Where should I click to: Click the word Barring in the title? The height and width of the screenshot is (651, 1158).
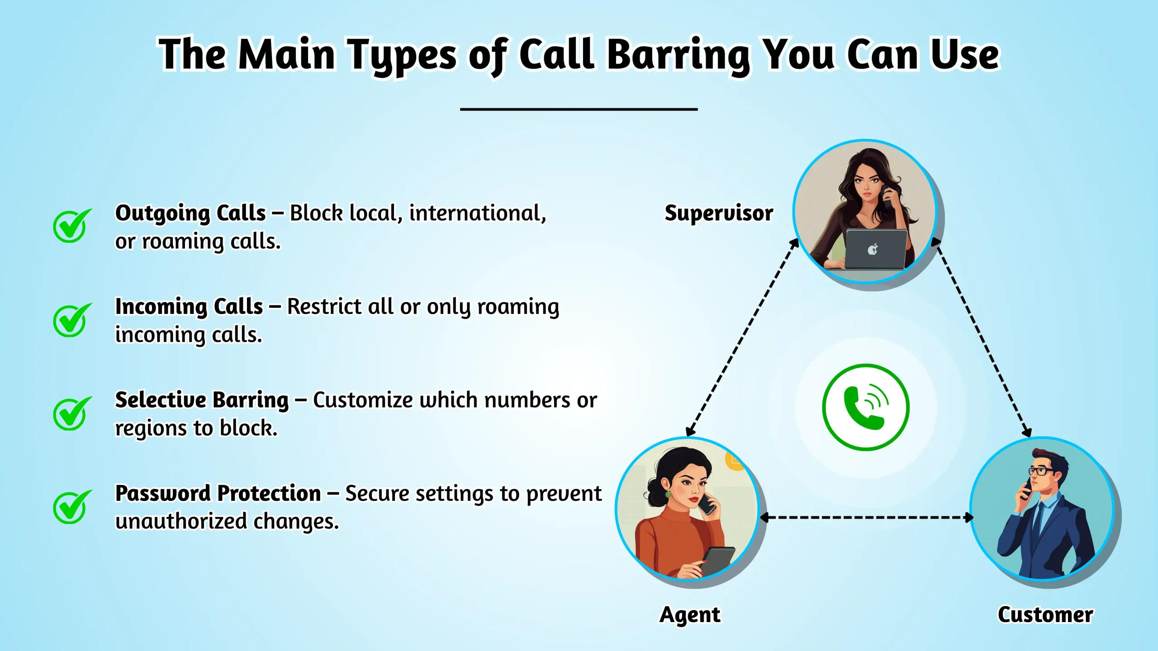tap(678, 55)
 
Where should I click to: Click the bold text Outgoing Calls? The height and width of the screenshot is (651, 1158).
tap(190, 213)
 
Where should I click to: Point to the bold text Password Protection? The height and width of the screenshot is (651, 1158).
tap(218, 493)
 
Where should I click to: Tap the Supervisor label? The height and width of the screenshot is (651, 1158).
tap(719, 213)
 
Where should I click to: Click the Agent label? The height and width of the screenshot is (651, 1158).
tap(690, 615)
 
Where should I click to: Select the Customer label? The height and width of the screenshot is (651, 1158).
tap(1045, 615)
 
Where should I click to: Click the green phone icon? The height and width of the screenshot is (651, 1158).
tap(865, 407)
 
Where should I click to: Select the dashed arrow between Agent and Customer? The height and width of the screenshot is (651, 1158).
tap(866, 518)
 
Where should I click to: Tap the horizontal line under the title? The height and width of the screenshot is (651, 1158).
tap(579, 109)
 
